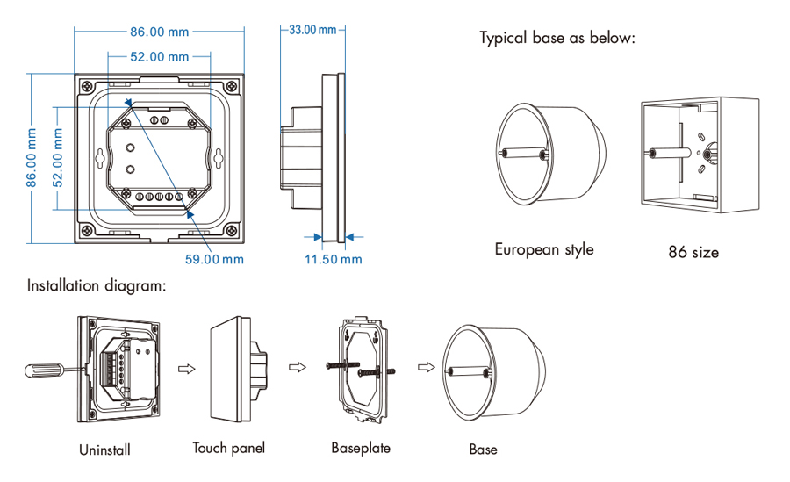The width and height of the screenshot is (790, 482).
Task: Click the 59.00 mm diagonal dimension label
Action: pos(214,259)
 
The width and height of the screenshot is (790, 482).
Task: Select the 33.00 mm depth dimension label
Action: pos(313,30)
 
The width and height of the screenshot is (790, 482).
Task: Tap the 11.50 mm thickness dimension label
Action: pos(333,259)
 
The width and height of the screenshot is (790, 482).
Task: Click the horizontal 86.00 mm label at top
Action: pos(159,32)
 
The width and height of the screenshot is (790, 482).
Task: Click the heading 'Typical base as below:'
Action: pos(557,39)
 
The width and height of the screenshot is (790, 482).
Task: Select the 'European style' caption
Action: pos(543,249)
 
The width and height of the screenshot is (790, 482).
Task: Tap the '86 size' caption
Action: pos(693,253)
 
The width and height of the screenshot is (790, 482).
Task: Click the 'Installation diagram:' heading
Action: pos(96,286)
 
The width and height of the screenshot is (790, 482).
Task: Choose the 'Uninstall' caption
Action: pos(104,450)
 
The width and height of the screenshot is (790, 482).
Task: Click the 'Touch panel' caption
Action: pos(228,448)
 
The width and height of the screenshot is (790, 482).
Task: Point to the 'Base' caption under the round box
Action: pos(483,450)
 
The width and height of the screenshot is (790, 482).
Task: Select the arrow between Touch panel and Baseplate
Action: pos(298,367)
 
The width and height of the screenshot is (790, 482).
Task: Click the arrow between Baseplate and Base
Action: pos(426,367)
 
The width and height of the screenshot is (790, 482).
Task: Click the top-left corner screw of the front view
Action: pos(89,85)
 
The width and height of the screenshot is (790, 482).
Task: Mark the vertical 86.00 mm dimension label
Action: pos(32,158)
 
